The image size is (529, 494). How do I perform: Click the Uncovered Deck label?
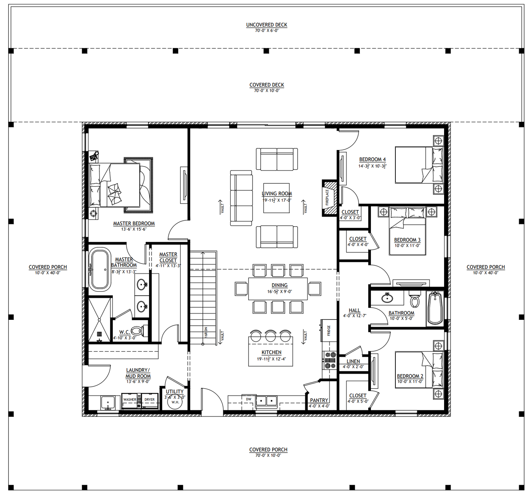(x=267, y=25)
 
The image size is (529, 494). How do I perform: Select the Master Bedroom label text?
(x=134, y=223)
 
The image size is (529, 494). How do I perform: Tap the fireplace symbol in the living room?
(x=329, y=198)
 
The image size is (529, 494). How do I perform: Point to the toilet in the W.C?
(x=137, y=332)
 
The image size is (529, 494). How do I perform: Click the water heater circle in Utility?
(x=175, y=402)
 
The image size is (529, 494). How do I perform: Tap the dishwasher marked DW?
(x=249, y=400)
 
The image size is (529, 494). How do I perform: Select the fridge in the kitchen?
(x=329, y=330)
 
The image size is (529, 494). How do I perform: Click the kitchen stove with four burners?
(x=330, y=360)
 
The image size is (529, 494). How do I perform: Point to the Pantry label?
(x=319, y=400)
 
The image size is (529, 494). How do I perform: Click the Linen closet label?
(x=353, y=361)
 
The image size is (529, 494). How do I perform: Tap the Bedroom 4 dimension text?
(x=372, y=166)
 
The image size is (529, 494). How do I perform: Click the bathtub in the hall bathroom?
(x=435, y=308)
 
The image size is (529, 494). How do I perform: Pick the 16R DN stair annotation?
(x=206, y=332)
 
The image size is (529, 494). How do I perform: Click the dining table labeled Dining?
(x=278, y=289)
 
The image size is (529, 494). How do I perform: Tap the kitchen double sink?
(x=266, y=401)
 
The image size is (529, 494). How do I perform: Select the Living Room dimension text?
(x=277, y=200)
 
